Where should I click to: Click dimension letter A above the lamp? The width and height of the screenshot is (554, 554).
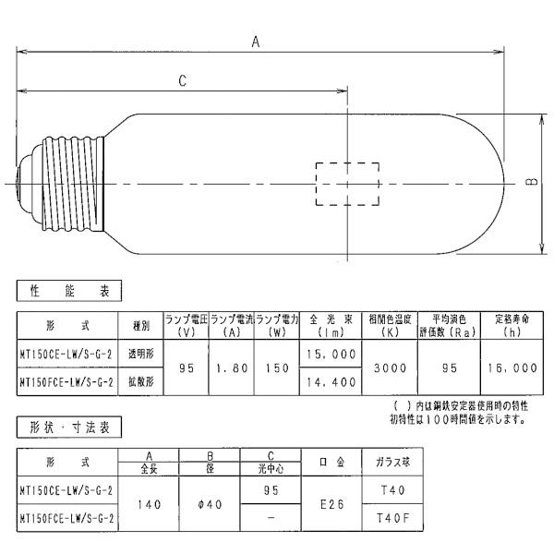(x=256, y=42)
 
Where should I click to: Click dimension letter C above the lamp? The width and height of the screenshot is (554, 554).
(x=182, y=81)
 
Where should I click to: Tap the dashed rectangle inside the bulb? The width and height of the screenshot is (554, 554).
(x=316, y=184)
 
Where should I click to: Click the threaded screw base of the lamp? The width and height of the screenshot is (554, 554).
(x=72, y=184)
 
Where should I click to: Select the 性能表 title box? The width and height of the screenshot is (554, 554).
(x=69, y=291)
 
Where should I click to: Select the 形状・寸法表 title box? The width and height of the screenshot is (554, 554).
(x=69, y=428)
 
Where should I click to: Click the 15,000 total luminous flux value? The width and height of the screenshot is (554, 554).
(x=331, y=354)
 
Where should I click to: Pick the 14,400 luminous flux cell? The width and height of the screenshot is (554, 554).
(x=331, y=382)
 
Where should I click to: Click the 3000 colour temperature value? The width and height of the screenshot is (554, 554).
(x=390, y=368)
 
